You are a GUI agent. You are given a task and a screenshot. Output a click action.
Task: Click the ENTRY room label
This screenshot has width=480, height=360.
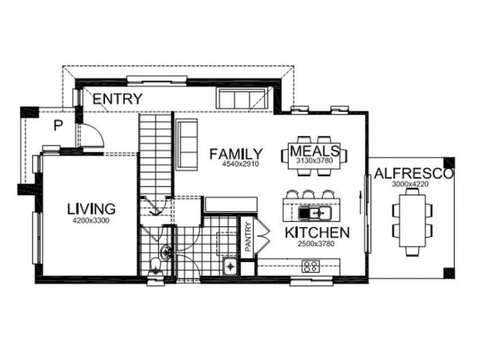tap(118, 99)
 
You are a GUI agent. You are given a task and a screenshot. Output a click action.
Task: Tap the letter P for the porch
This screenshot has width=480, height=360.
tap(58, 125)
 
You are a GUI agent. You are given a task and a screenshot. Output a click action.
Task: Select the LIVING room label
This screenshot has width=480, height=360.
tap(91, 209)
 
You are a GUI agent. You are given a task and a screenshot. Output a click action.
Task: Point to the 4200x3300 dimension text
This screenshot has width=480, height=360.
tap(91, 220)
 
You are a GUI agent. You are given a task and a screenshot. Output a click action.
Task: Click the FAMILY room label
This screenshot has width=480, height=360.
tap(235, 154)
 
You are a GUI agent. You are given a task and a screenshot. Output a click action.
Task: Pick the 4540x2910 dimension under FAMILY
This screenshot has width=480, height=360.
tap(235, 163)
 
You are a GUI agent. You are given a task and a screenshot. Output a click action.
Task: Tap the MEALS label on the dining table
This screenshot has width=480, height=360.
tap(314, 149)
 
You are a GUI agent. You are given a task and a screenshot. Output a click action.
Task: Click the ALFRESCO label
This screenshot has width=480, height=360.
tap(413, 174)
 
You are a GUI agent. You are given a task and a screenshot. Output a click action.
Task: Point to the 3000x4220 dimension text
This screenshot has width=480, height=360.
tap(412, 184)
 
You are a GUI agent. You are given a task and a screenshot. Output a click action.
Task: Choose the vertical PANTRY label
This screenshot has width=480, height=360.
tap(247, 238)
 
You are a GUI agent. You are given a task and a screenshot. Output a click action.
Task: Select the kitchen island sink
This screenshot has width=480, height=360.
tap(314, 212)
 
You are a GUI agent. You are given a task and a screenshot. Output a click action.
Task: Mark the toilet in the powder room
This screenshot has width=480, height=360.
tap(155, 264)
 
